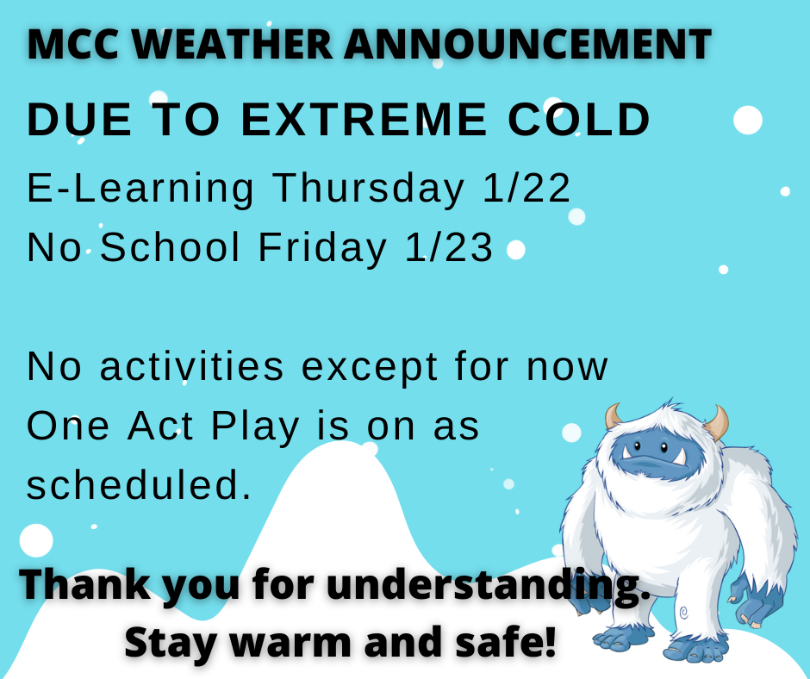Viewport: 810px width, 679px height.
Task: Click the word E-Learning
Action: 140,189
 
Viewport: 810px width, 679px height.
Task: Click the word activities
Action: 192,366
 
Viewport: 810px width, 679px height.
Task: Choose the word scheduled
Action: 139,486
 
